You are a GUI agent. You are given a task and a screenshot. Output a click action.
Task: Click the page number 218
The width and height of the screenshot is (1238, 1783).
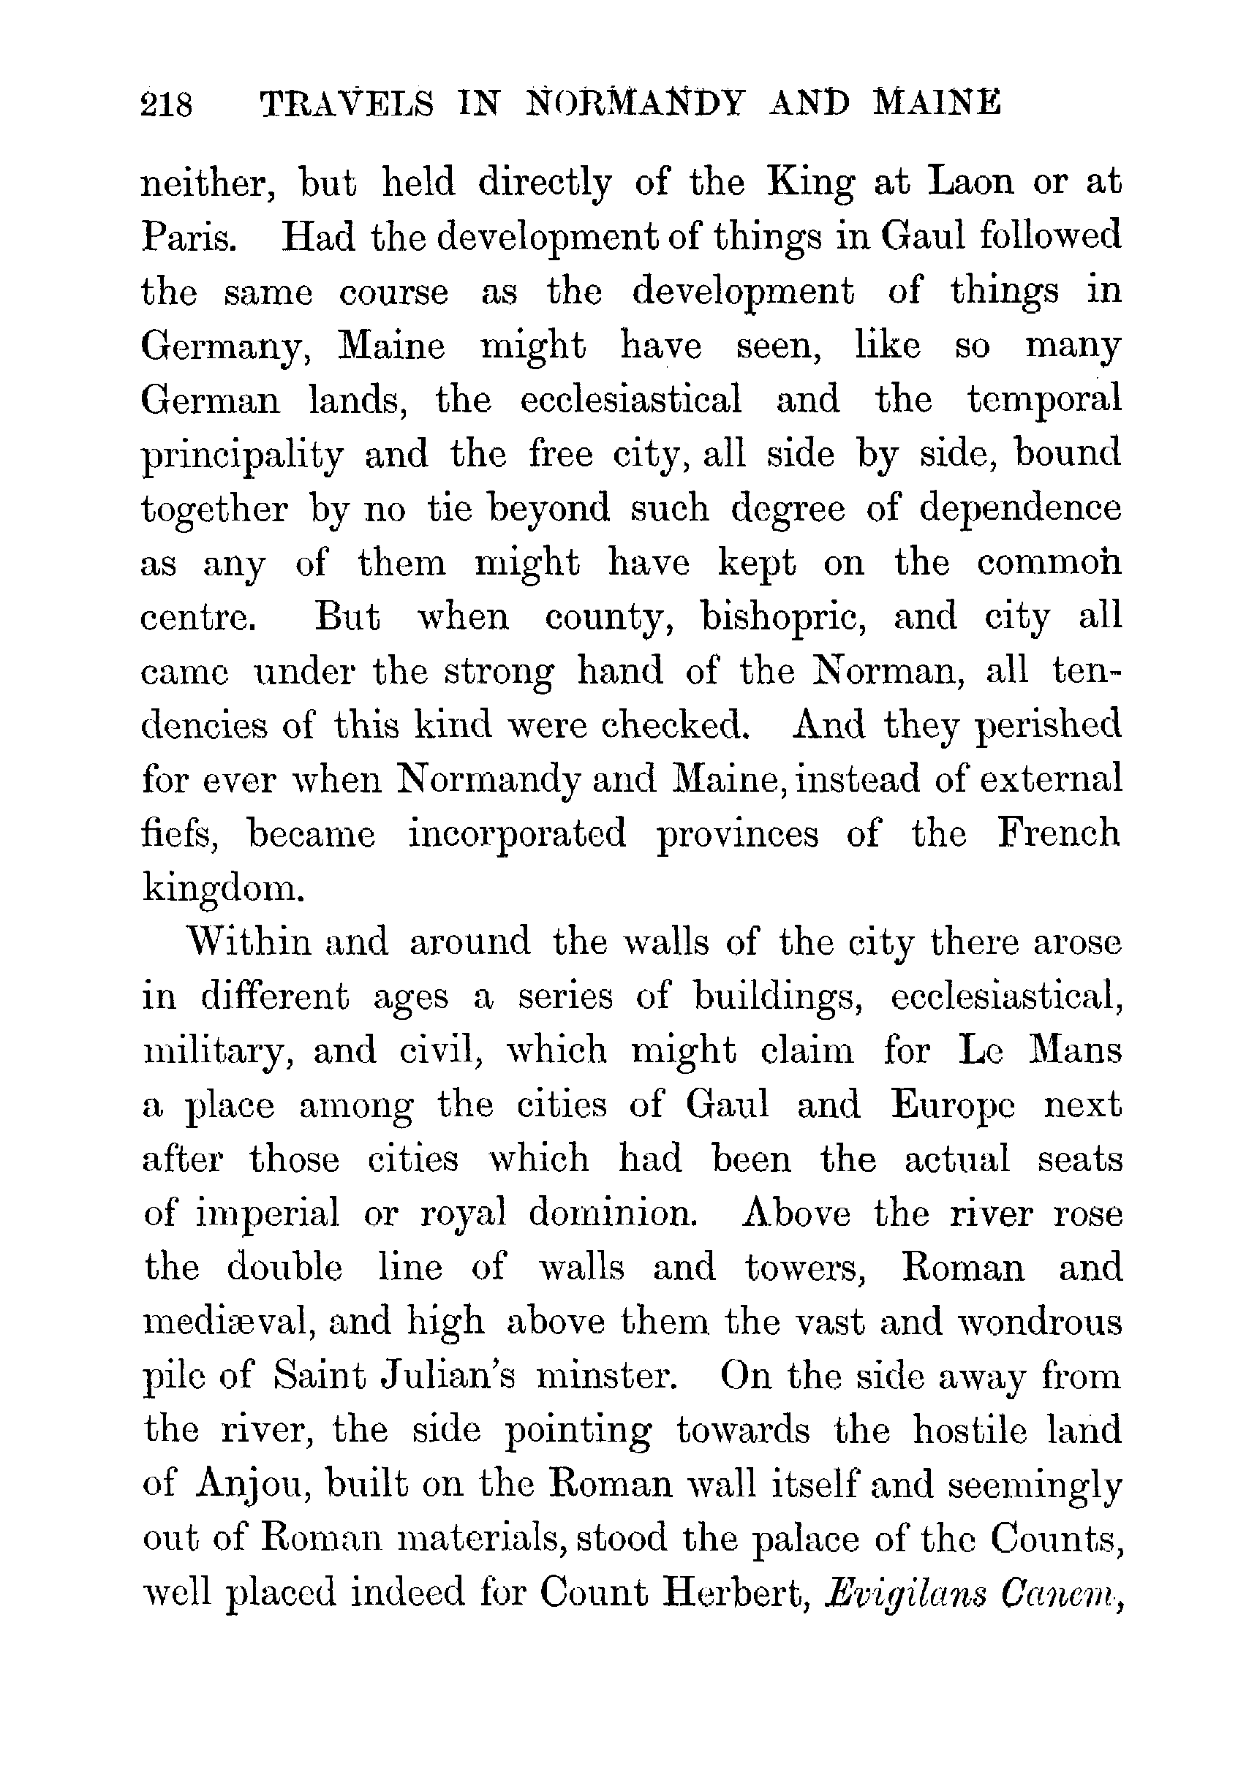pos(167,104)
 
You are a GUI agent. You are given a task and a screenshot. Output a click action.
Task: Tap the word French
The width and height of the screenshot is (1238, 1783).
pos(1058,835)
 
